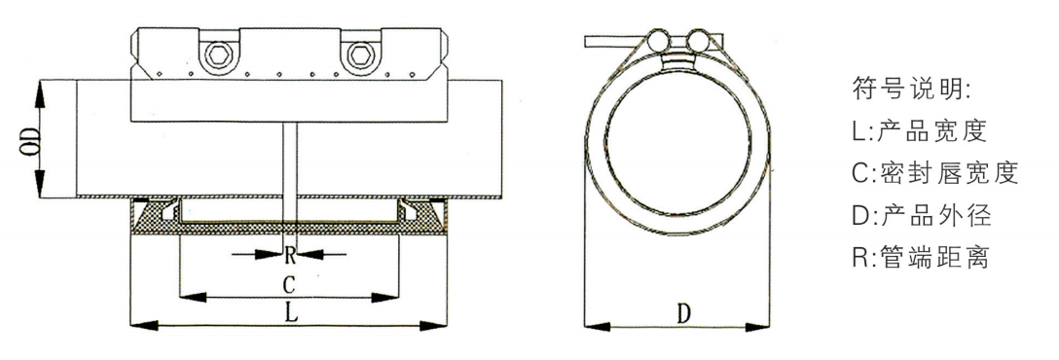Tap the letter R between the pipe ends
(x=289, y=255)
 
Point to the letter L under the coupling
(x=289, y=312)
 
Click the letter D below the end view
(x=684, y=313)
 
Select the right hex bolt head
(x=357, y=53)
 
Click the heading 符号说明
(x=912, y=88)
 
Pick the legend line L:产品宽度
(x=920, y=131)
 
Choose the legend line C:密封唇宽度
(x=934, y=173)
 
